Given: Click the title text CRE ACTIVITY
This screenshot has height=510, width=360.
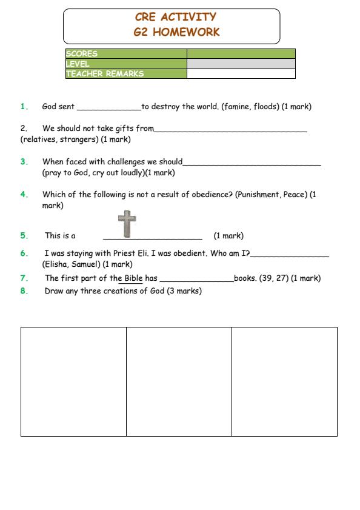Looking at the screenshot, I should pos(172,17).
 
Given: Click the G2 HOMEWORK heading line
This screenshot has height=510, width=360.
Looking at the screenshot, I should pos(172,32).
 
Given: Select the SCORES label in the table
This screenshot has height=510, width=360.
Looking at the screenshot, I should pos(82,54).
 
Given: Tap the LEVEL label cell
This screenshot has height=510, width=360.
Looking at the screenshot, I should pos(78,64).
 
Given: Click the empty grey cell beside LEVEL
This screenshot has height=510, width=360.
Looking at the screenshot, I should pos(241,64).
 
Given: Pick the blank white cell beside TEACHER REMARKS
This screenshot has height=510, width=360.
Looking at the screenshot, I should pos(241,74).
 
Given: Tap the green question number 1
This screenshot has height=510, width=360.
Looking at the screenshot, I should pos(24,107).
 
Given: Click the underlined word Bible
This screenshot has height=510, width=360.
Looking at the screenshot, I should pos(130,278).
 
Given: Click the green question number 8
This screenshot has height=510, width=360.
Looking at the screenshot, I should pos(24,291).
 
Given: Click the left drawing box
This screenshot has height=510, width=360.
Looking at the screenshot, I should pos(73,381).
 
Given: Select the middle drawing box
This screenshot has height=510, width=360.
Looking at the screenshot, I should pos(179,381).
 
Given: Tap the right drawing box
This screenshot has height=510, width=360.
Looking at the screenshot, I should pos(284,381).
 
